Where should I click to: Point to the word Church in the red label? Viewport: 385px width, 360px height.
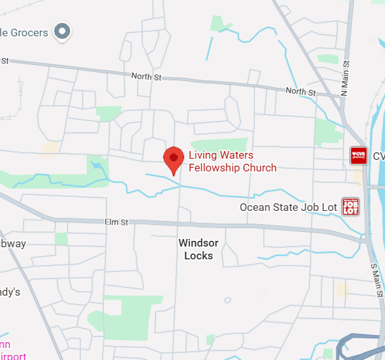[x=259, y=168]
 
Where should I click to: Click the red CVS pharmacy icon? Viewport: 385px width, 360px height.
[x=359, y=155]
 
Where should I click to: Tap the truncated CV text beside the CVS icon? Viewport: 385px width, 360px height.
[x=379, y=156]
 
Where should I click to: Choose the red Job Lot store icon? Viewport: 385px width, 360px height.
[x=351, y=206]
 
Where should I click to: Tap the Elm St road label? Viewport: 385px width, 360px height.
[x=117, y=222]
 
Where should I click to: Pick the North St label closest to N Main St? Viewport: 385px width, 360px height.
[x=300, y=92]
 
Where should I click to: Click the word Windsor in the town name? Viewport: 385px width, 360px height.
[x=198, y=243]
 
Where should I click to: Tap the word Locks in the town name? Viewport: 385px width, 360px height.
[x=198, y=256]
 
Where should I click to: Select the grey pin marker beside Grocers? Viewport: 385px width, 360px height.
[x=62, y=30]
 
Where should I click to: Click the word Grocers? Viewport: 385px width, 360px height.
[x=29, y=32]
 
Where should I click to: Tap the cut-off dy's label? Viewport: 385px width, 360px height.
[x=10, y=292]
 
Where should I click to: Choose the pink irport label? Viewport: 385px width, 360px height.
[x=13, y=356]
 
